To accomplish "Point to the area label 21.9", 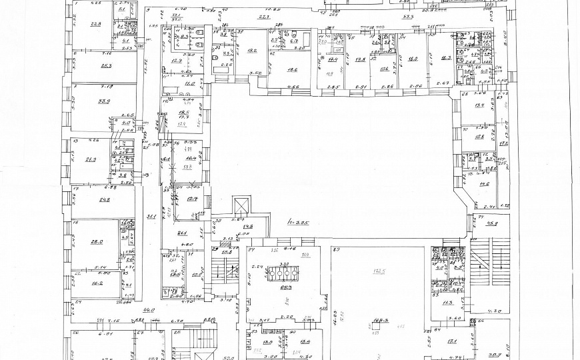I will (x=91, y=159).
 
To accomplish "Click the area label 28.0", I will (x=97, y=242).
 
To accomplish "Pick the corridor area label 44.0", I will (x=149, y=310).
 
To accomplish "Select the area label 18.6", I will (x=292, y=69).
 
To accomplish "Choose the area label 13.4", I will (x=479, y=105).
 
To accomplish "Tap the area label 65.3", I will (x=287, y=289).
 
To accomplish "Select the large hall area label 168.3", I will (x=382, y=319).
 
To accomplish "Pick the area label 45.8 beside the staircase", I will (x=495, y=223).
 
